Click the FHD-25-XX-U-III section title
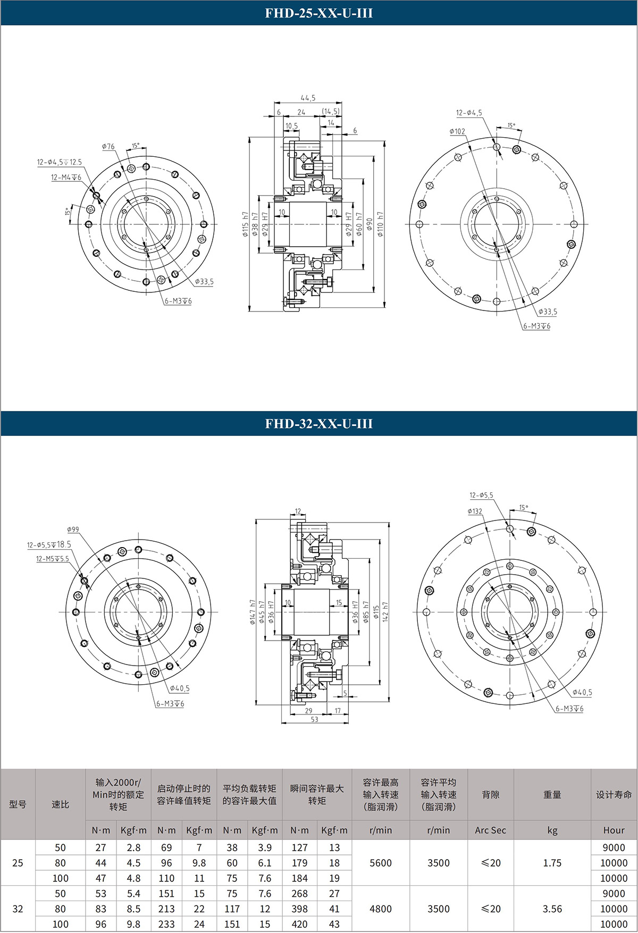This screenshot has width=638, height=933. [x=319, y=13]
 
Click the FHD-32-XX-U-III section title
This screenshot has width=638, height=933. [x=319, y=424]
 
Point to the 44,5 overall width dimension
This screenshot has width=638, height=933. [x=308, y=98]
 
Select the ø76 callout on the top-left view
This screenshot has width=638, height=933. [x=108, y=146]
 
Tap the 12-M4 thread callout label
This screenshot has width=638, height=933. [x=66, y=177]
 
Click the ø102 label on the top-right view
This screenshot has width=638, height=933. [x=457, y=131]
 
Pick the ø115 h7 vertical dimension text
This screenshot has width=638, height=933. [x=245, y=223]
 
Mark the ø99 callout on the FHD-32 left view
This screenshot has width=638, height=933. [x=73, y=529]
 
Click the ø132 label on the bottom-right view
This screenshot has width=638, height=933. [x=475, y=511]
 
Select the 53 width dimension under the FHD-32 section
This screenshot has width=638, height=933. [x=314, y=719]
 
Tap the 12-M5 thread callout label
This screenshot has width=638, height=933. [x=52, y=559]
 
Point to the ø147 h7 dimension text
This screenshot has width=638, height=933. [x=253, y=611]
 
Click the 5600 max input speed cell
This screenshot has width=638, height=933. [x=381, y=863]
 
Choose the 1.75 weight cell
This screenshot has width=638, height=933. [x=552, y=863]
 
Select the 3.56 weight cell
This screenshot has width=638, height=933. [x=552, y=909]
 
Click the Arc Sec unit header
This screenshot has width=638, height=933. [x=490, y=830]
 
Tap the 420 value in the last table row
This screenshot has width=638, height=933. [x=299, y=924]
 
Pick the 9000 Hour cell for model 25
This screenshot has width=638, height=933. [x=614, y=847]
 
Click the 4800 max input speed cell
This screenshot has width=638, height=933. [x=381, y=909]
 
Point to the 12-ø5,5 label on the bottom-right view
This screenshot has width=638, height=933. [x=481, y=495]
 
